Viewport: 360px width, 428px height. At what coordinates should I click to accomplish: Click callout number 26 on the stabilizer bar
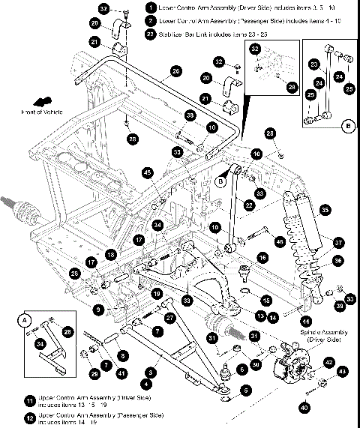175,70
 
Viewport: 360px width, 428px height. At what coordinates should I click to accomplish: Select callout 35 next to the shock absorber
325,209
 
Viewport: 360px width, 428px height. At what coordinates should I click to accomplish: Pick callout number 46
280,241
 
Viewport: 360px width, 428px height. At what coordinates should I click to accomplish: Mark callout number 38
190,115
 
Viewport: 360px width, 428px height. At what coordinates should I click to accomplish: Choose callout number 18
110,255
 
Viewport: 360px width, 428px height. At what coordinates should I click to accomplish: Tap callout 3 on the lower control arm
152,371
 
